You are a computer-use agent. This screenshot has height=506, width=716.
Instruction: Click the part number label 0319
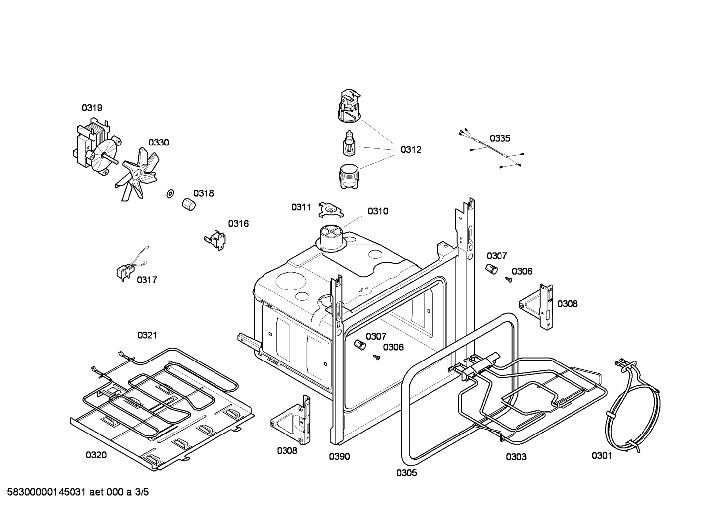coord(92,108)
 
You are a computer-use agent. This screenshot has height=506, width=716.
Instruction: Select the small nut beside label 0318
coord(188,204)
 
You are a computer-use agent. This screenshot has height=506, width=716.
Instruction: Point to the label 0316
coord(238,224)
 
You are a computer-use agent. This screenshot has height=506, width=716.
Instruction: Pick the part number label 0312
coord(411,150)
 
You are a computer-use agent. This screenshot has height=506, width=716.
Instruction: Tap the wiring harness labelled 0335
coord(492,151)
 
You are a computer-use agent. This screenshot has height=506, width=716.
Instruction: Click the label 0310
coord(378,211)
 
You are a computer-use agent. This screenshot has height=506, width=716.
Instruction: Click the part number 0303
coord(516,457)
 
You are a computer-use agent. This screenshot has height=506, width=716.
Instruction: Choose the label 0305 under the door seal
coord(406,473)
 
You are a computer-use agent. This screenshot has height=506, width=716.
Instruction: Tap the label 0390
coord(339,457)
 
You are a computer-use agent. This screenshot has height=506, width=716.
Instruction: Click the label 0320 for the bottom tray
coord(96,455)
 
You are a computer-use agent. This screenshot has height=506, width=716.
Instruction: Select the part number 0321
coord(147,335)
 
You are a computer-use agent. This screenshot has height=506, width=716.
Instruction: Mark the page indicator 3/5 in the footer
coord(142,492)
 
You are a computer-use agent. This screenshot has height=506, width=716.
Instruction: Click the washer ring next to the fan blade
coord(170,193)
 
